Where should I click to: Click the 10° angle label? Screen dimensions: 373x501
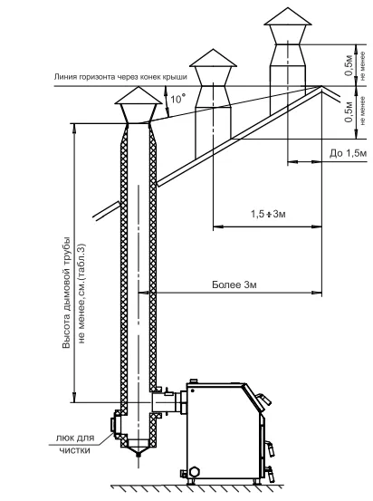pyautogui.click(x=177, y=99)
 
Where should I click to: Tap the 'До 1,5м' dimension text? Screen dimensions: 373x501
pyautogui.click(x=348, y=154)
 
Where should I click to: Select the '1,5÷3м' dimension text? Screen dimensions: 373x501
pyautogui.click(x=268, y=214)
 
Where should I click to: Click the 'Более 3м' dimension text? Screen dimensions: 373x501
pyautogui.click(x=234, y=284)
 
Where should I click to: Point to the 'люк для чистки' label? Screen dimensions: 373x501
pyautogui.click(x=75, y=444)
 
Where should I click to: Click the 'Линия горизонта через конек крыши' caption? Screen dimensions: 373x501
pyautogui.click(x=120, y=77)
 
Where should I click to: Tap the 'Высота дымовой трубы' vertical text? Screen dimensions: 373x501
pyautogui.click(x=66, y=293)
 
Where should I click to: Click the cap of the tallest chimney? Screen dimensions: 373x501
pyautogui.click(x=287, y=16)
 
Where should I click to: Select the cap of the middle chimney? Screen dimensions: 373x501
pyautogui.click(x=213, y=58)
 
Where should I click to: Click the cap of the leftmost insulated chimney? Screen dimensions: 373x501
pyautogui.click(x=139, y=95)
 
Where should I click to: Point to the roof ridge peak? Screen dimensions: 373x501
pyautogui.click(x=321, y=86)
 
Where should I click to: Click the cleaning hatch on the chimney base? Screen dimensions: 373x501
pyautogui.click(x=114, y=424)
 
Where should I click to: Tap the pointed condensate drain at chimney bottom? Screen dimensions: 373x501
pyautogui.click(x=139, y=449)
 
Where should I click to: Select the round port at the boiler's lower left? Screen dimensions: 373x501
pyautogui.click(x=194, y=472)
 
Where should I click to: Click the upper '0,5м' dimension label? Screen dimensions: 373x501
pyautogui.click(x=349, y=65)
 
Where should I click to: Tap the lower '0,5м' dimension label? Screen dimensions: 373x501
pyautogui.click(x=349, y=111)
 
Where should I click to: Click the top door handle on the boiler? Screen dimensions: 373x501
pyautogui.click(x=263, y=398)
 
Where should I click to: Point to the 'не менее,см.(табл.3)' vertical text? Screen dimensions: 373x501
pyautogui.click(x=81, y=294)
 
